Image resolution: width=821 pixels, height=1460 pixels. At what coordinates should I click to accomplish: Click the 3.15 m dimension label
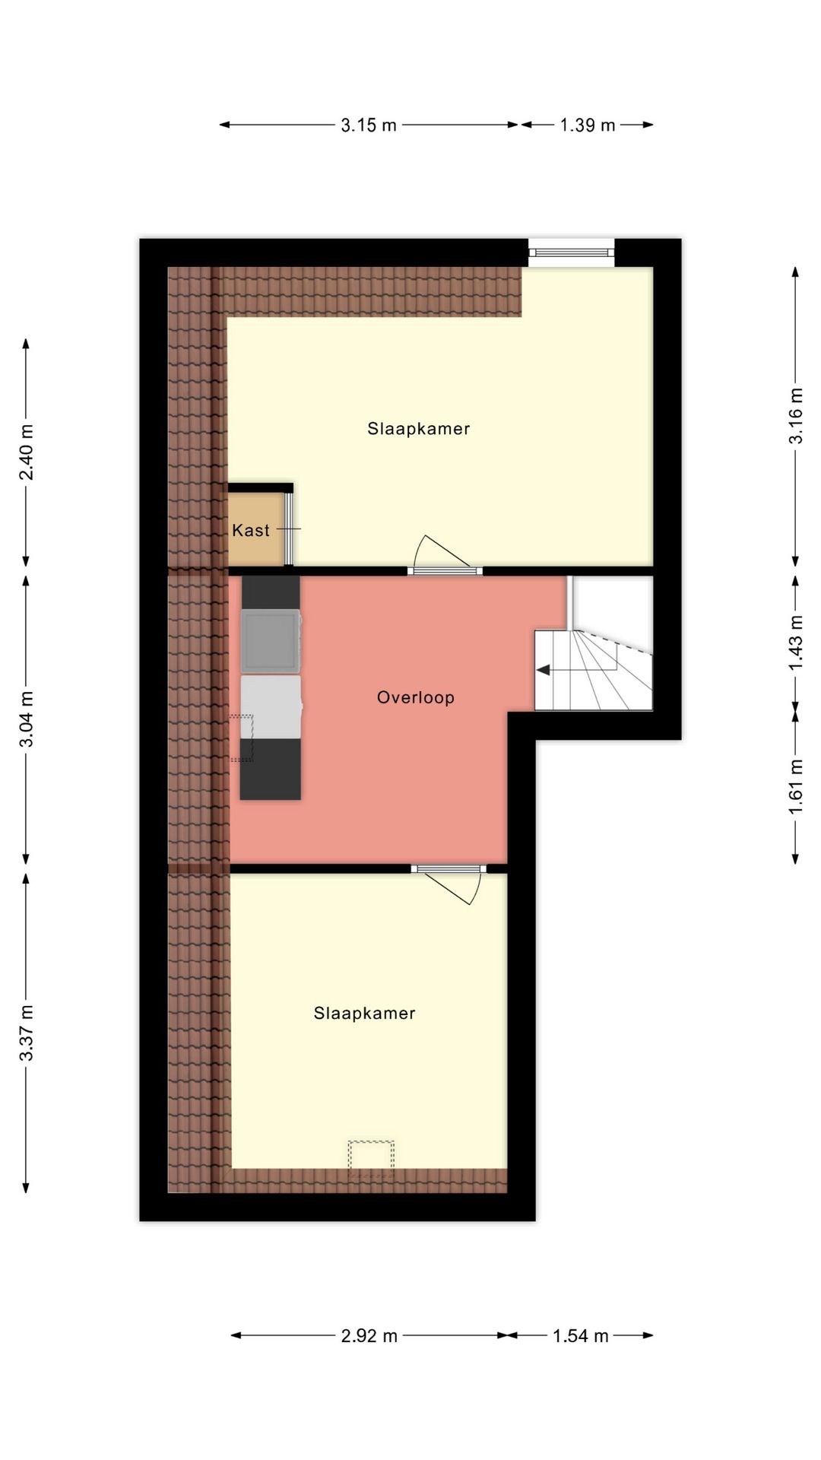tap(369, 125)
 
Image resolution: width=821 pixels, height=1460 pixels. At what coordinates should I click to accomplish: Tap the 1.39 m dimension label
tap(587, 125)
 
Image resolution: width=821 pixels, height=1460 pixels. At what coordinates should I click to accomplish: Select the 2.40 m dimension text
tap(27, 452)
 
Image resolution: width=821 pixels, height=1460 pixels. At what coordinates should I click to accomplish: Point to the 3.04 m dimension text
tap(27, 719)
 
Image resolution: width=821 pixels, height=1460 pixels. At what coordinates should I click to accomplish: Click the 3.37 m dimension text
tap(27, 1033)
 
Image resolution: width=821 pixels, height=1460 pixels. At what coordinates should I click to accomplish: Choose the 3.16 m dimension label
tap(796, 416)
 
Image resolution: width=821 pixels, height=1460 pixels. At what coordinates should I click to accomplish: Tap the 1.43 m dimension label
tap(796, 643)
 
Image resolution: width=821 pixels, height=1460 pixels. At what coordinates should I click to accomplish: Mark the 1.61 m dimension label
tap(796, 786)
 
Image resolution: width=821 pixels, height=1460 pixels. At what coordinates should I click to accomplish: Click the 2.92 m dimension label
tap(369, 1336)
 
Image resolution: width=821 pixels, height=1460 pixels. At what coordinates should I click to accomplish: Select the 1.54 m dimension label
tap(581, 1336)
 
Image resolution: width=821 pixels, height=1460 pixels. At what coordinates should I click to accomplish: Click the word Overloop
tap(416, 697)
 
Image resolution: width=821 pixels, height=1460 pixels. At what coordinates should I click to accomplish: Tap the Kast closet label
tap(251, 531)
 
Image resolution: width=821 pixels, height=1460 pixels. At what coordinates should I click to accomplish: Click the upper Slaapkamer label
tap(419, 429)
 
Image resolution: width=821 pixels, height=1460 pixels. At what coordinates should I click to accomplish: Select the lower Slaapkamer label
tap(365, 1014)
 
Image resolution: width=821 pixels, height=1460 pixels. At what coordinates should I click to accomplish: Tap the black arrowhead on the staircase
tap(544, 670)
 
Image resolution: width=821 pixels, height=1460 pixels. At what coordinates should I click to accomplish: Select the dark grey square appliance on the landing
tap(271, 642)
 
